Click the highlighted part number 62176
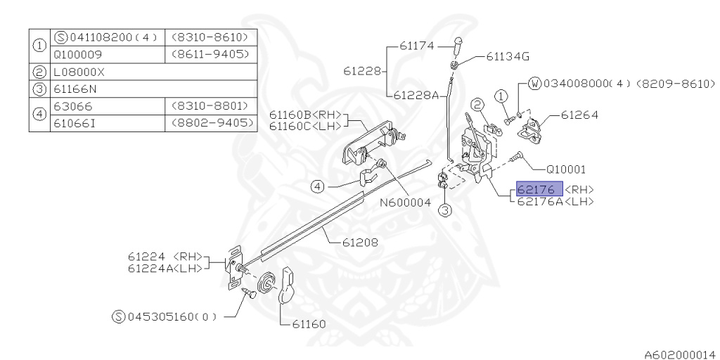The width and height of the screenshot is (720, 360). click(x=539, y=190)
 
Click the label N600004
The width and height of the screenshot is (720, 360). click(x=405, y=202)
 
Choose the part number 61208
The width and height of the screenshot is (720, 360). click(x=361, y=243)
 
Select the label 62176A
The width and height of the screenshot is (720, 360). click(x=542, y=201)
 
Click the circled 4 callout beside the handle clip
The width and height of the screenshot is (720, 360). click(x=319, y=187)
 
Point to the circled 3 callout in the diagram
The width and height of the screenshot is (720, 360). click(x=445, y=210)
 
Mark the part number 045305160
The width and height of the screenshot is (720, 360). click(x=163, y=316)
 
